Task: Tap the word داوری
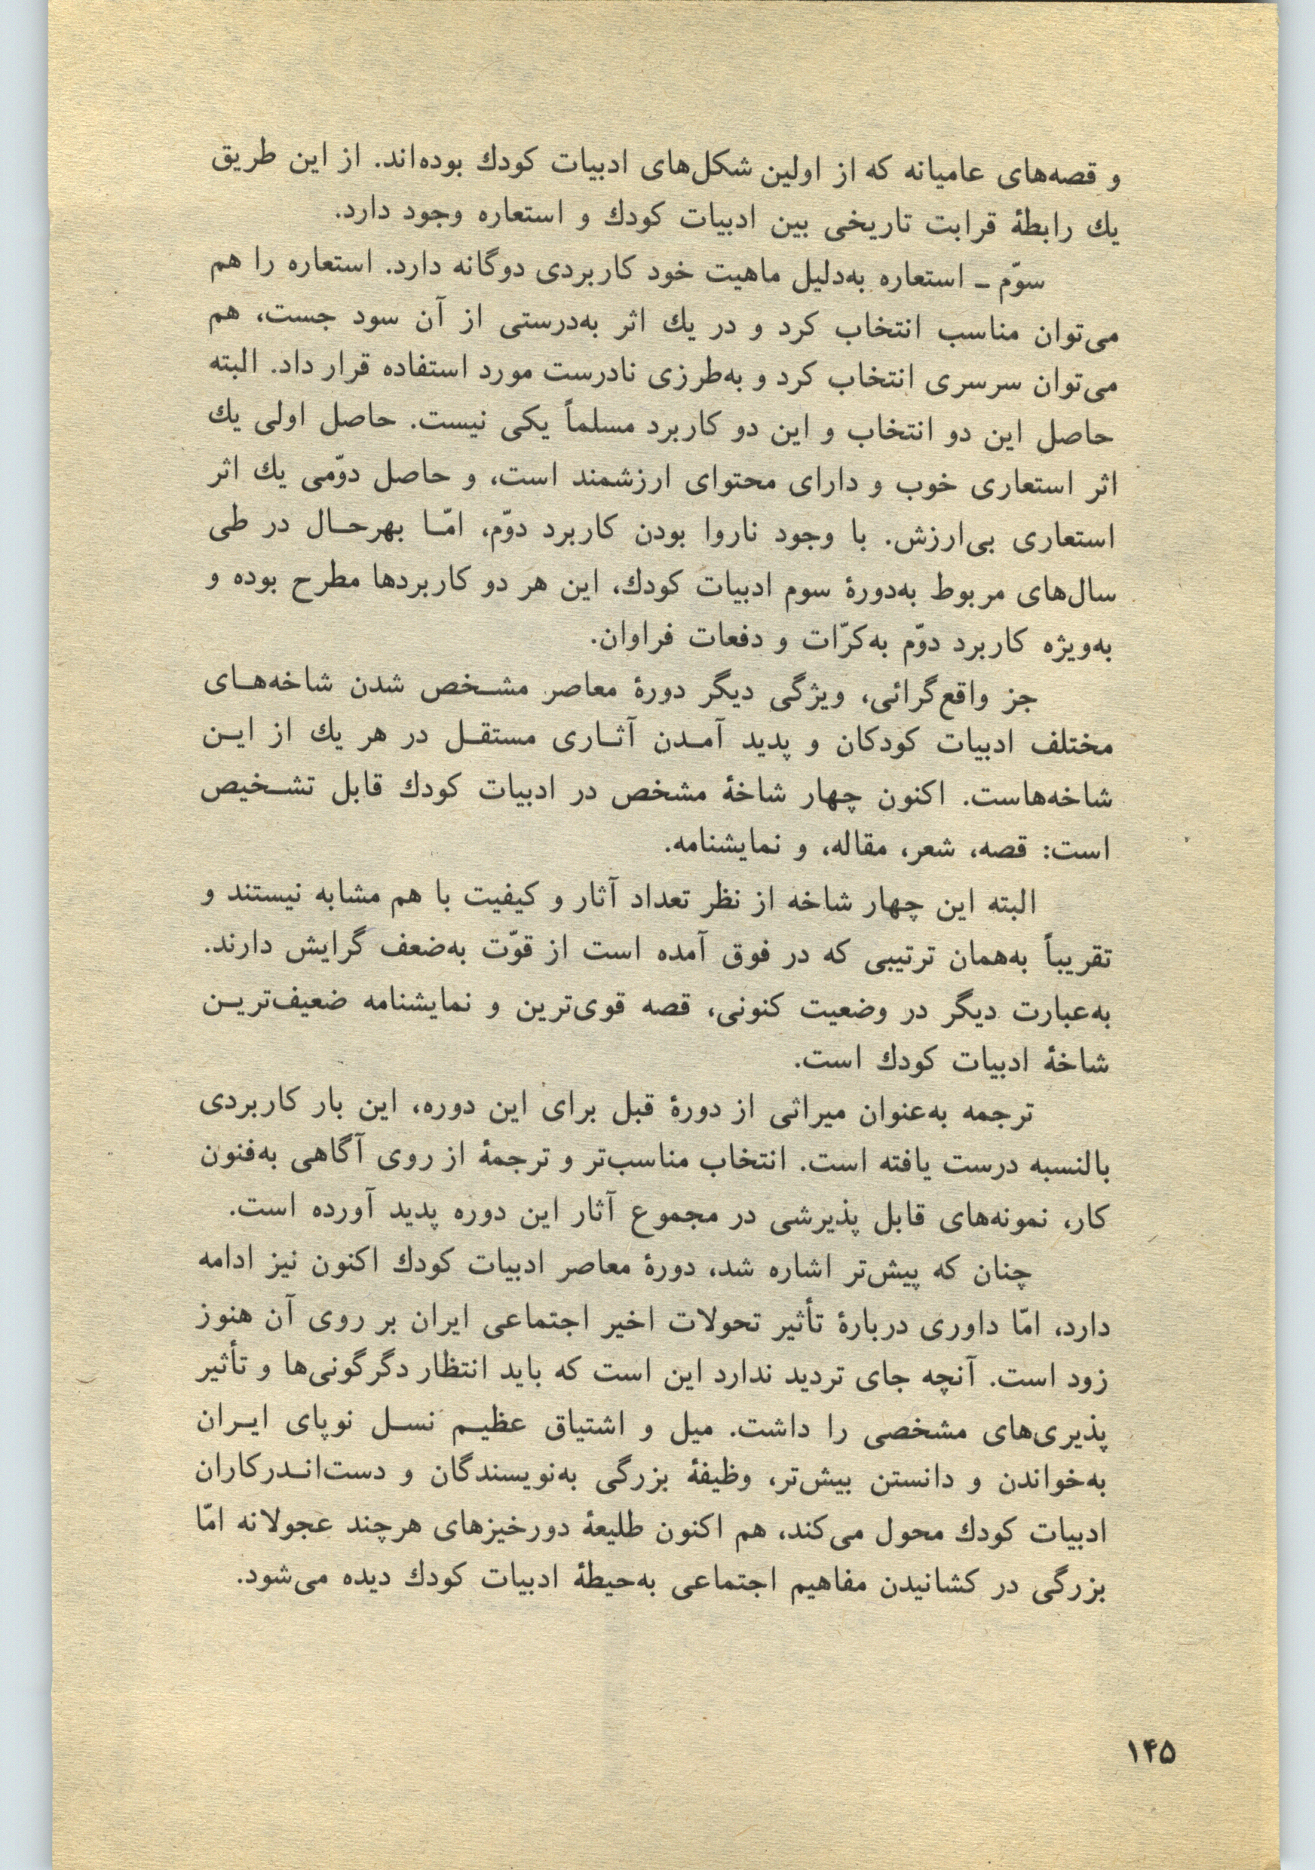click(944, 1323)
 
